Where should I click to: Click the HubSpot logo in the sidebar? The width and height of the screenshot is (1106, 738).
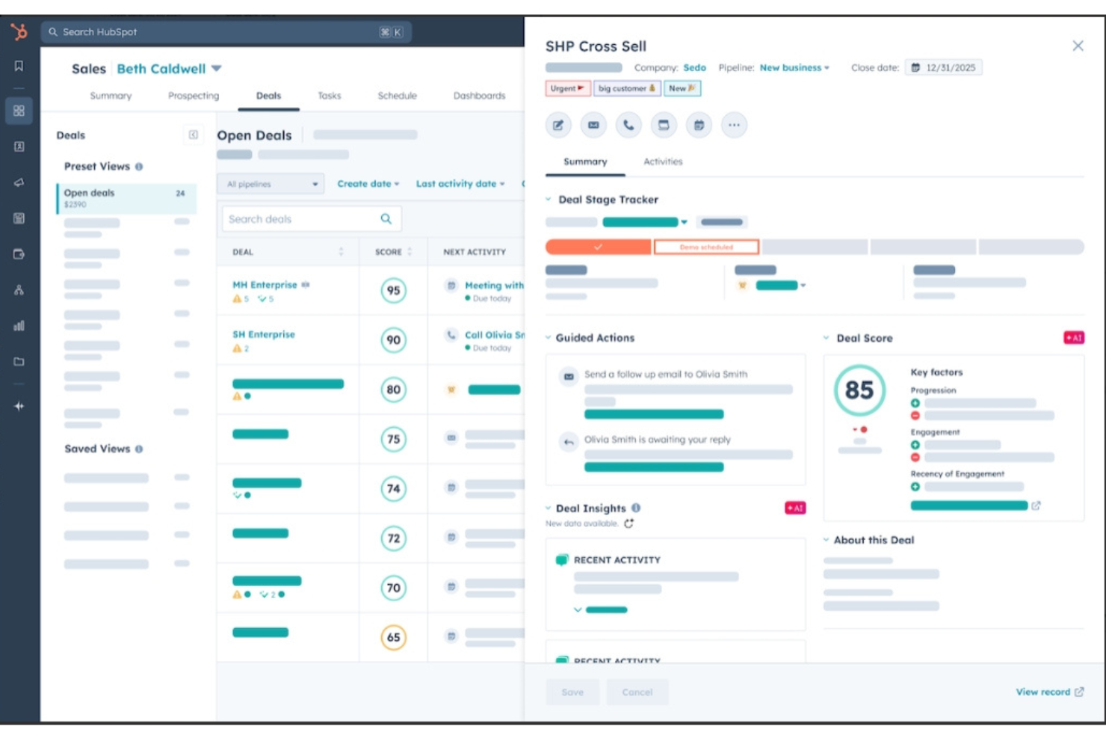click(x=19, y=31)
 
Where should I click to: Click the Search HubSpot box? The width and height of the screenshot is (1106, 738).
click(x=224, y=32)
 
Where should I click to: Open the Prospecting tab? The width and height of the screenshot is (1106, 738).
click(x=194, y=96)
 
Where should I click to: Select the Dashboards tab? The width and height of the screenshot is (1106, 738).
click(x=479, y=96)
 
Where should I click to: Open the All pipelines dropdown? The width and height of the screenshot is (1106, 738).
click(x=271, y=184)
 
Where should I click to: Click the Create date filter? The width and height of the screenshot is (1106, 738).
click(x=368, y=184)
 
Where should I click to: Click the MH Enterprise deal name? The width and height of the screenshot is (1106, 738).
click(x=265, y=285)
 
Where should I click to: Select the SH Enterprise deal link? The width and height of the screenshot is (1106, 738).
click(x=263, y=334)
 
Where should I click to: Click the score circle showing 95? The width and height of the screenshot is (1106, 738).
click(x=393, y=290)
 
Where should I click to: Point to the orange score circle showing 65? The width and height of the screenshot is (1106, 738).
click(x=393, y=637)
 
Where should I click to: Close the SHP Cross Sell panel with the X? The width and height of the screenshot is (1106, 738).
click(x=1078, y=46)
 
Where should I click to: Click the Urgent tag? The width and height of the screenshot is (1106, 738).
click(x=567, y=88)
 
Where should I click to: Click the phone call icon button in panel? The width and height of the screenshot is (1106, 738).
click(x=628, y=125)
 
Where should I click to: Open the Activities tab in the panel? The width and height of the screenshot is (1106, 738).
click(x=663, y=162)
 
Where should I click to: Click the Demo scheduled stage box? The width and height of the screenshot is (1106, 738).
click(x=706, y=247)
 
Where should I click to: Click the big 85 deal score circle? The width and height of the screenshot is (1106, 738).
click(x=859, y=390)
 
